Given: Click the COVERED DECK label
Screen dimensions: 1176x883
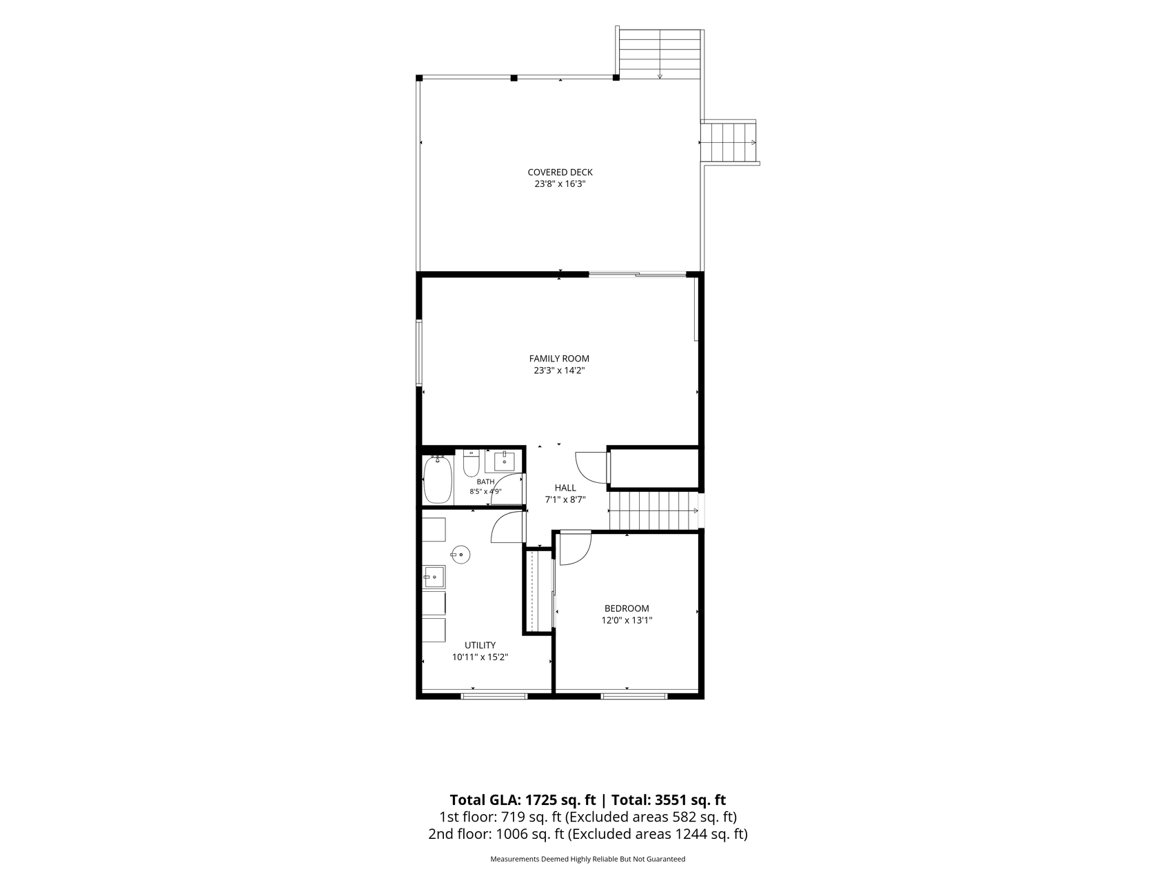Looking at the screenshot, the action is point(560,172).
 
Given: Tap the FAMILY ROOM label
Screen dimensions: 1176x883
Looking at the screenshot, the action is point(559,359).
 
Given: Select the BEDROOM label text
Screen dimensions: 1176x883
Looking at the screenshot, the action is point(627,608).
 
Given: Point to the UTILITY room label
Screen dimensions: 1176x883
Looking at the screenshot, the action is point(480,646).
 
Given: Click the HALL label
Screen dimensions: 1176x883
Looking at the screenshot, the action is point(565,488).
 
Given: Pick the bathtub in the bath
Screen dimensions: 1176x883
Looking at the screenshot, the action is point(437,480).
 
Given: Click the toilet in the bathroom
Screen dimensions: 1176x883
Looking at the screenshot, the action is point(472,464).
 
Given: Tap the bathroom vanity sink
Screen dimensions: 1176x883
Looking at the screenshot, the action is point(504,461).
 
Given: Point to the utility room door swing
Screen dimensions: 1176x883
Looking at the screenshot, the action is point(508,528).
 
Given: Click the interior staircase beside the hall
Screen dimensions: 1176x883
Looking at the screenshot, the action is point(654,510).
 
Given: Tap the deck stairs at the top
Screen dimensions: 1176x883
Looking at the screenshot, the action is point(660,53).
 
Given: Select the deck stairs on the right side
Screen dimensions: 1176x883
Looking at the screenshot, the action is point(729,142).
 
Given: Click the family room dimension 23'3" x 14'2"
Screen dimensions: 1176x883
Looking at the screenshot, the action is point(559,371).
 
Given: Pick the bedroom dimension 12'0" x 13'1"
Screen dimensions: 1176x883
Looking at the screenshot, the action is point(627,620).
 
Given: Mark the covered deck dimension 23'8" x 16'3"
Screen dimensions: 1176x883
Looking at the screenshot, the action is point(560,185).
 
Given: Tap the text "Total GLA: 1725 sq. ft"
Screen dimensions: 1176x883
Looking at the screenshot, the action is point(523,800).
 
